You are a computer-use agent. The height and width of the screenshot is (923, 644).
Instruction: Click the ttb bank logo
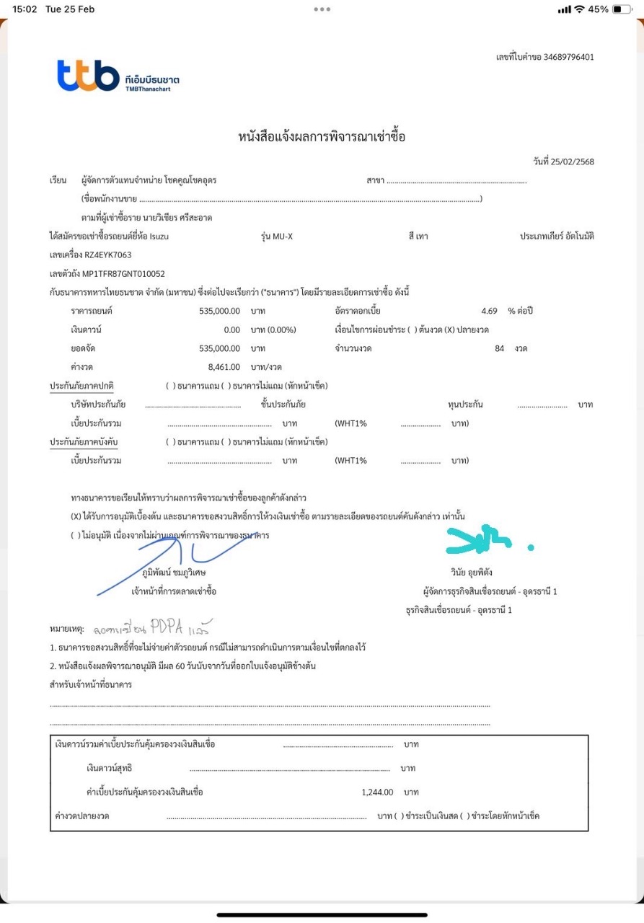[89, 76]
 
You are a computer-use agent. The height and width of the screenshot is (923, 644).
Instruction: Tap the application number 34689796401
[569, 57]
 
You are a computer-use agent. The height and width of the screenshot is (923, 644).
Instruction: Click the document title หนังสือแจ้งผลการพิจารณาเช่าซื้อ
[322, 136]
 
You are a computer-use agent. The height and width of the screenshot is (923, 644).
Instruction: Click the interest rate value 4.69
[489, 311]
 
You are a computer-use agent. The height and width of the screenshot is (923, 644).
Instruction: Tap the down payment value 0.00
[231, 330]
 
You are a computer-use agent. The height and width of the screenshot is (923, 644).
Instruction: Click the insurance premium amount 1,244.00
[377, 792]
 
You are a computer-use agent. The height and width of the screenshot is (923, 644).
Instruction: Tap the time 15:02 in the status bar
[25, 9]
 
